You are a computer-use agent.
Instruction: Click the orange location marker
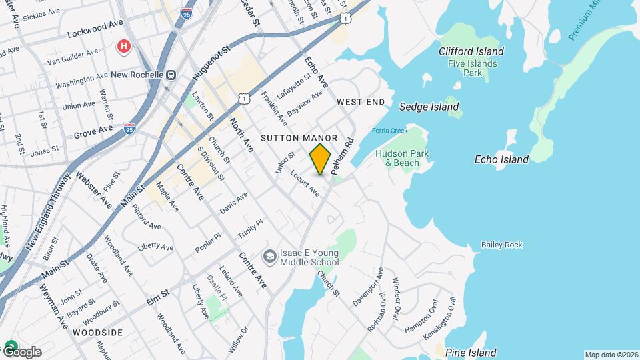click(320, 159)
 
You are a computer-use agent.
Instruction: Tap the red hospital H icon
click(123, 46)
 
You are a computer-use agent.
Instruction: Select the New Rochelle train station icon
click(171, 75)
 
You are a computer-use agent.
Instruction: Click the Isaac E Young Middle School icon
click(269, 257)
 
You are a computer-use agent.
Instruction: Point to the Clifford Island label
click(471, 51)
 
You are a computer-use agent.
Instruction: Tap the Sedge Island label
click(429, 107)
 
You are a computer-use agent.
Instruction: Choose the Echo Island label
click(501, 159)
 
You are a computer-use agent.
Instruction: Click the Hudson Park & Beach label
click(402, 158)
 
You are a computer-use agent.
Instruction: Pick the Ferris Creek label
click(389, 131)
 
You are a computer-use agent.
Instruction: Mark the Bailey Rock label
click(502, 245)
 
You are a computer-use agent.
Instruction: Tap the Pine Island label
click(471, 353)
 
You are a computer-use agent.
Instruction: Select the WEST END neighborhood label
click(361, 102)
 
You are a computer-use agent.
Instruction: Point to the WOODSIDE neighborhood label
click(97, 332)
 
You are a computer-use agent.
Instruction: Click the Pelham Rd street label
click(341, 157)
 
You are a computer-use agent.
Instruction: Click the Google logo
click(21, 351)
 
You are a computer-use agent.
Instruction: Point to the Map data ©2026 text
click(610, 354)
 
